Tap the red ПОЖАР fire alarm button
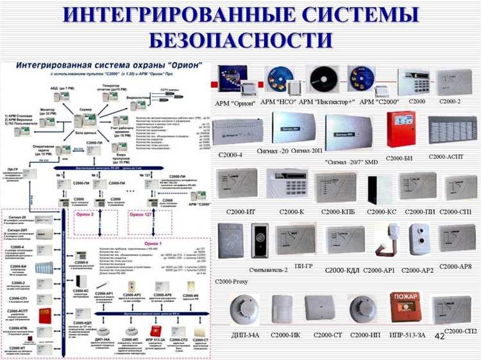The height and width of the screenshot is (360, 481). click(x=405, y=307)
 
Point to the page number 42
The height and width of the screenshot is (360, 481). click(x=439, y=336)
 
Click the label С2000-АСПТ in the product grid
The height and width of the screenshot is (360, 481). click(x=450, y=157)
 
